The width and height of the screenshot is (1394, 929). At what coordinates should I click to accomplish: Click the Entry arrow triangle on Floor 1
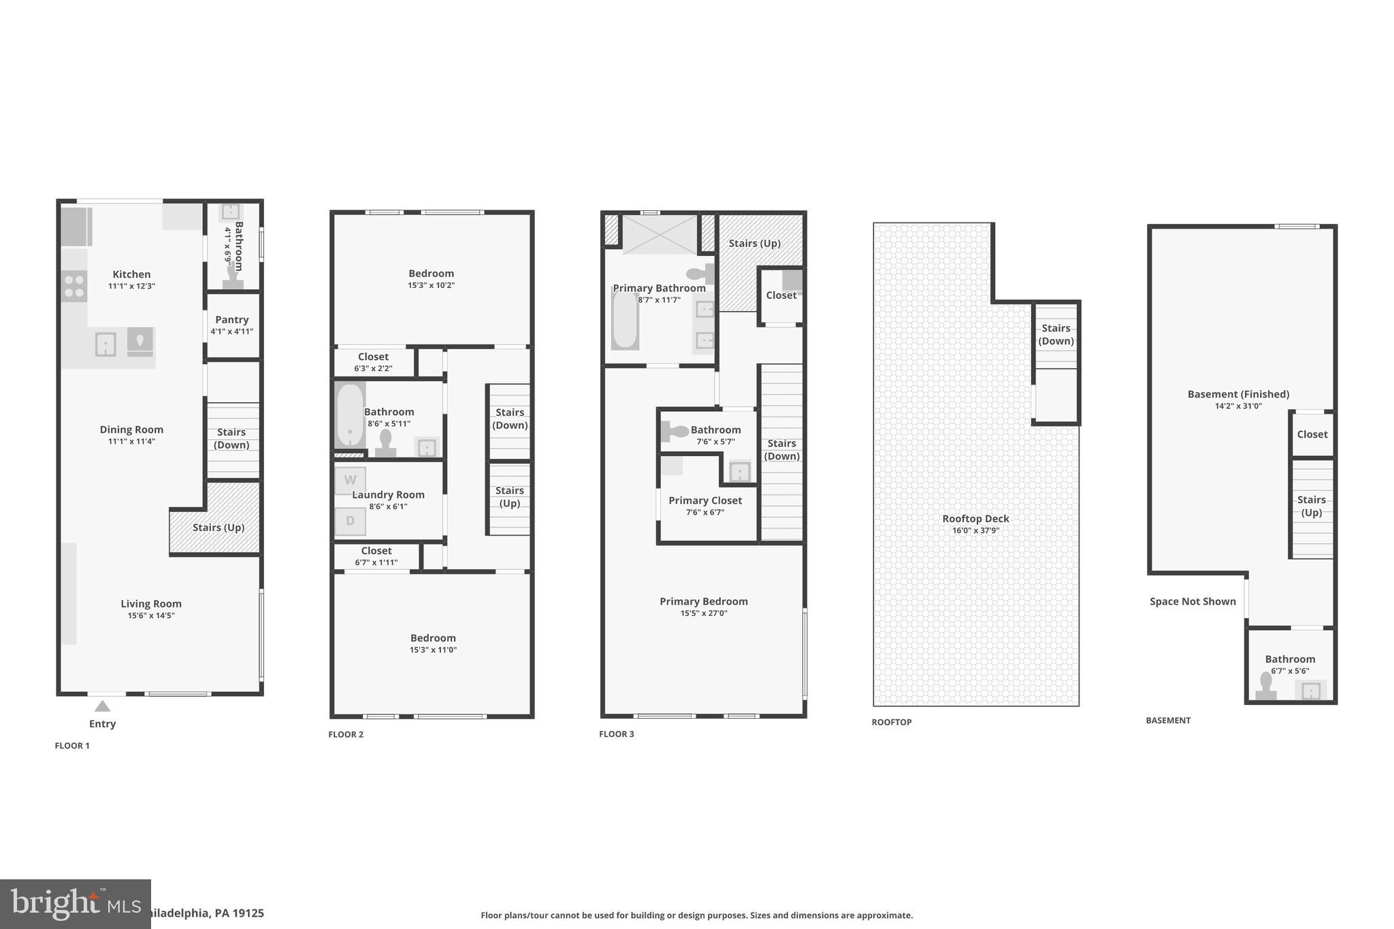click(x=102, y=706)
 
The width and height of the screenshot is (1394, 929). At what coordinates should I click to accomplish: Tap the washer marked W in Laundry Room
click(x=350, y=480)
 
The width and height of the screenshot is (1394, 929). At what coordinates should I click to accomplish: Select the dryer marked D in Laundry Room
click(x=350, y=521)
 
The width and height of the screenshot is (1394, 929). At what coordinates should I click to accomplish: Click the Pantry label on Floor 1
click(x=231, y=319)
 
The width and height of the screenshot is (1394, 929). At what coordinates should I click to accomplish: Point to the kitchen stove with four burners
click(x=74, y=286)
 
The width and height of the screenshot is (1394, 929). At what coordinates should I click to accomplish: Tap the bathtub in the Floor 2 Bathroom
click(x=349, y=414)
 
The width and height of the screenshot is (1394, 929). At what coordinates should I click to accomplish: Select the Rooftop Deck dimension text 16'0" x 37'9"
click(x=975, y=530)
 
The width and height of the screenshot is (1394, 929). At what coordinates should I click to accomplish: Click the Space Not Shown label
click(x=1193, y=601)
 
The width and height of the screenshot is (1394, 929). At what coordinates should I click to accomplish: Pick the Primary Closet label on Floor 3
click(x=704, y=500)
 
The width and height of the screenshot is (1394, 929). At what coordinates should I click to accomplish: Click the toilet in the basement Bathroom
click(x=1266, y=686)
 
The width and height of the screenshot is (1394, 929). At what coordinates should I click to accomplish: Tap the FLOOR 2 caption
click(x=346, y=734)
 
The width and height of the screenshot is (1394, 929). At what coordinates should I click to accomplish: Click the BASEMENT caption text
click(x=1168, y=720)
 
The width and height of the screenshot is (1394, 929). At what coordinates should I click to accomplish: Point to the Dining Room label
click(x=131, y=429)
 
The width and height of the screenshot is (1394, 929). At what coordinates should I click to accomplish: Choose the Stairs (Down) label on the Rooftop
click(x=1056, y=334)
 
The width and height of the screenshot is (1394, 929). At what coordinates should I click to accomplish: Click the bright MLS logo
click(x=75, y=904)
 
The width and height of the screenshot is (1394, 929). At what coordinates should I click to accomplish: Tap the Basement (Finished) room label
click(x=1238, y=394)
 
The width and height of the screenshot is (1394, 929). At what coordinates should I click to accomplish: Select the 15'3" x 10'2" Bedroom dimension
click(x=431, y=285)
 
